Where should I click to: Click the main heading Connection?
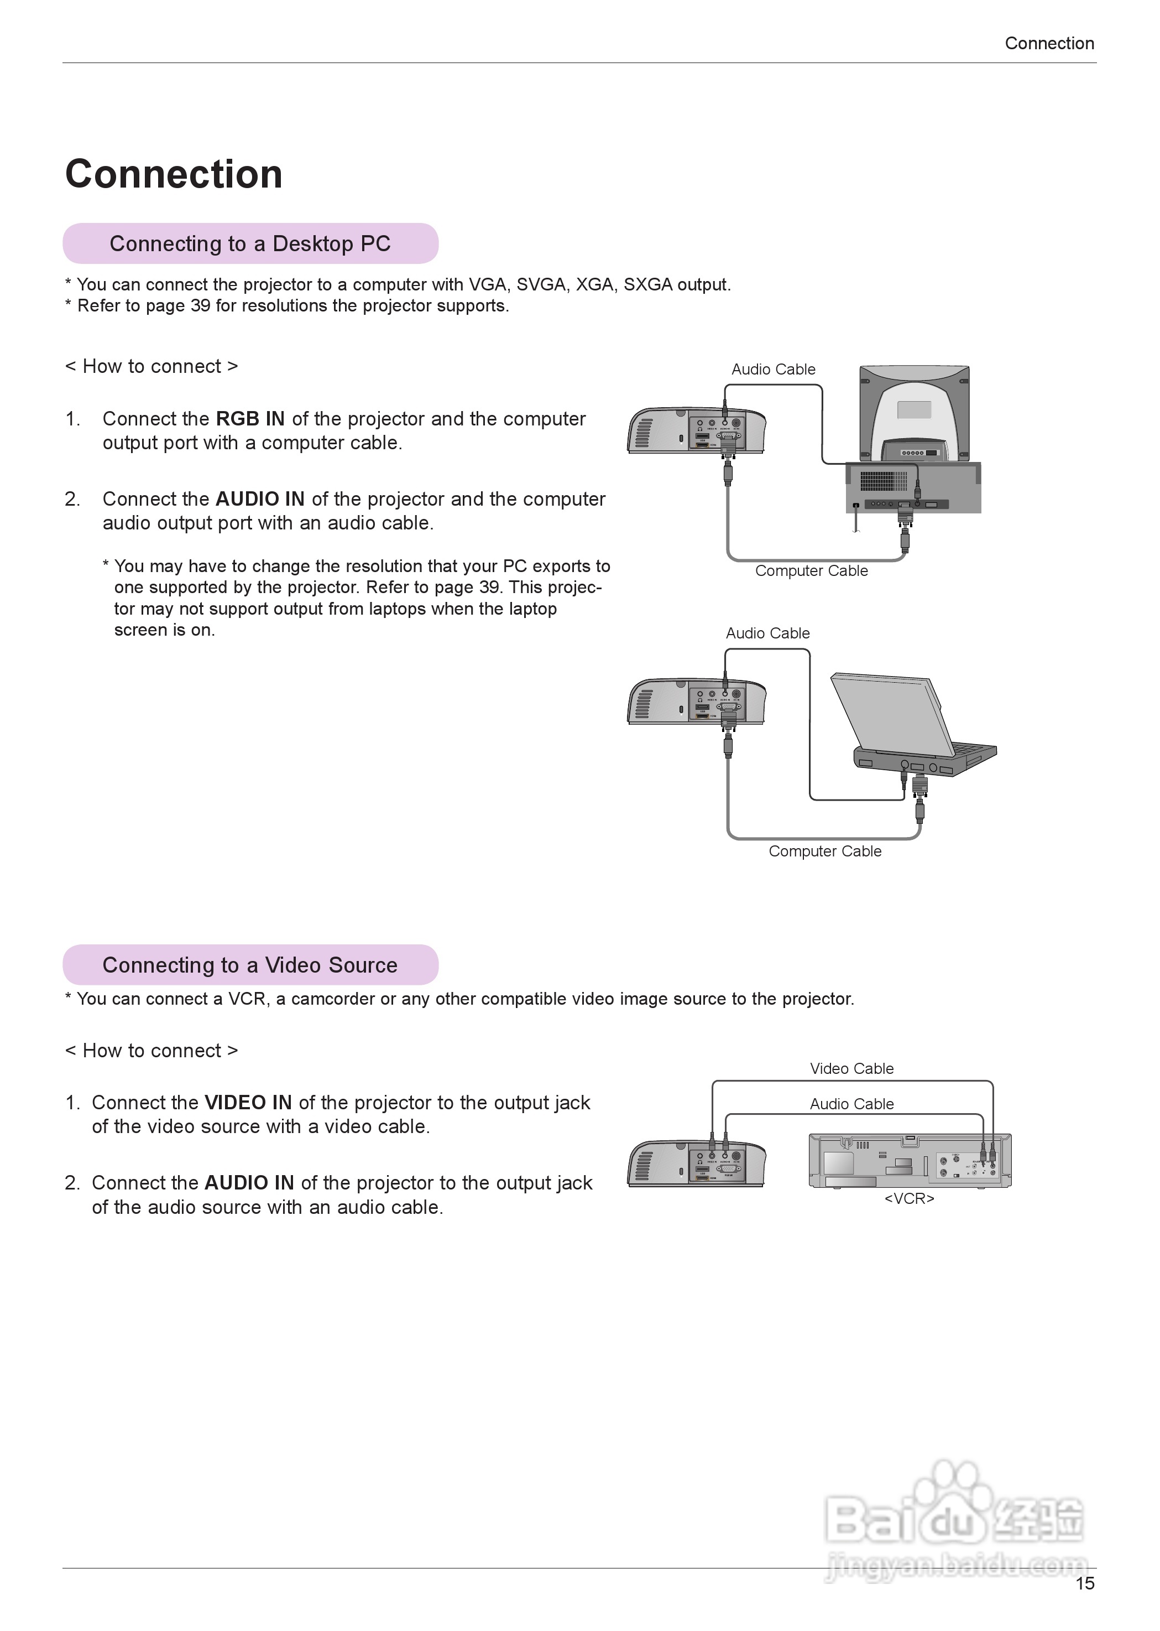pos(174,174)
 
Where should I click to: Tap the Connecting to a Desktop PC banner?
pos(250,244)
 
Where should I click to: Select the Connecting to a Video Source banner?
pos(250,965)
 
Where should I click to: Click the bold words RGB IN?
pos(250,419)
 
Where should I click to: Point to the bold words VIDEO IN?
pos(248,1103)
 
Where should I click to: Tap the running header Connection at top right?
pos(1048,44)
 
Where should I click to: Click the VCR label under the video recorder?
pos(910,1198)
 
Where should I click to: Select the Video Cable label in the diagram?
pos(851,1068)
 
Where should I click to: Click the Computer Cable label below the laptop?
pos(825,851)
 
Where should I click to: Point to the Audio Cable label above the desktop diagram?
pos(773,370)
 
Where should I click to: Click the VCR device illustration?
pos(910,1161)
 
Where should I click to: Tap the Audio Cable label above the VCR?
pos(851,1104)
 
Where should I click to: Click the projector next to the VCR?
pos(697,1163)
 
